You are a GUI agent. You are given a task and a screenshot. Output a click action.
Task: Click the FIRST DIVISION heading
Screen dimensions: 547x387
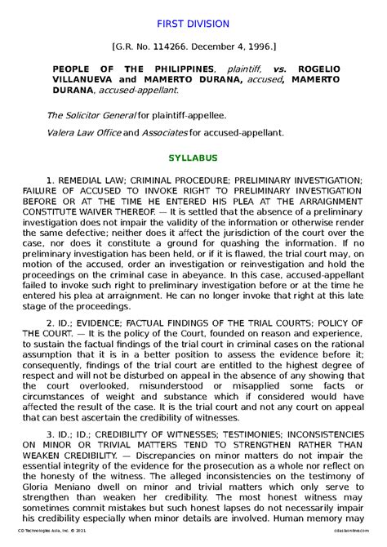[x=193, y=24]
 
